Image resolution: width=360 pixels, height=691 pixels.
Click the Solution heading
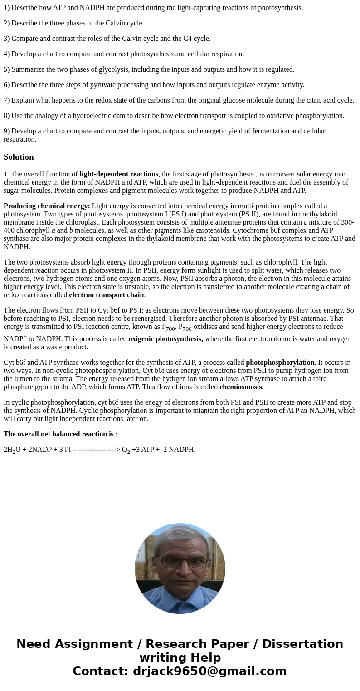pos(19,157)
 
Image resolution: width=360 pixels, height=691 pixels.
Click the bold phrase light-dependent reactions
pos(119,174)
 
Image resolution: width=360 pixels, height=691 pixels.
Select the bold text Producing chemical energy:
pos(47,206)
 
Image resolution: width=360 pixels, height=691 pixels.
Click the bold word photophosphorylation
pos(280,363)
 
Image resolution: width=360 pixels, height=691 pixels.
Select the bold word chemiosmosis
pos(241,387)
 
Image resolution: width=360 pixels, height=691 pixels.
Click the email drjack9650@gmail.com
pos(209,671)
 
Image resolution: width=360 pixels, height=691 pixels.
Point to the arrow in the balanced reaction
pos(96,450)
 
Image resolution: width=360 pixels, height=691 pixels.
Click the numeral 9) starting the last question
pos(7,131)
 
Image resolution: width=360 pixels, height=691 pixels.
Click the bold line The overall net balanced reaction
pos(60,434)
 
